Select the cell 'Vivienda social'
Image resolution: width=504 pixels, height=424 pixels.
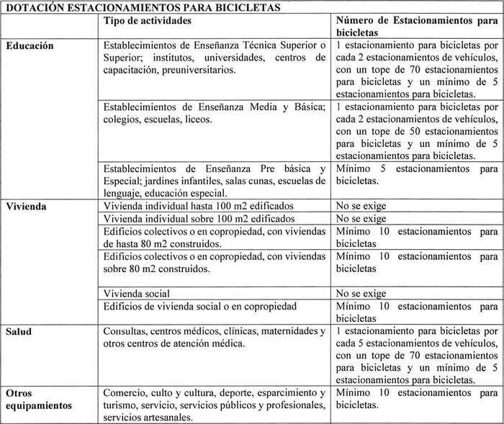click(137, 294)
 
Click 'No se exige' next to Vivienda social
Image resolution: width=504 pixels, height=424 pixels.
click(361, 294)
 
